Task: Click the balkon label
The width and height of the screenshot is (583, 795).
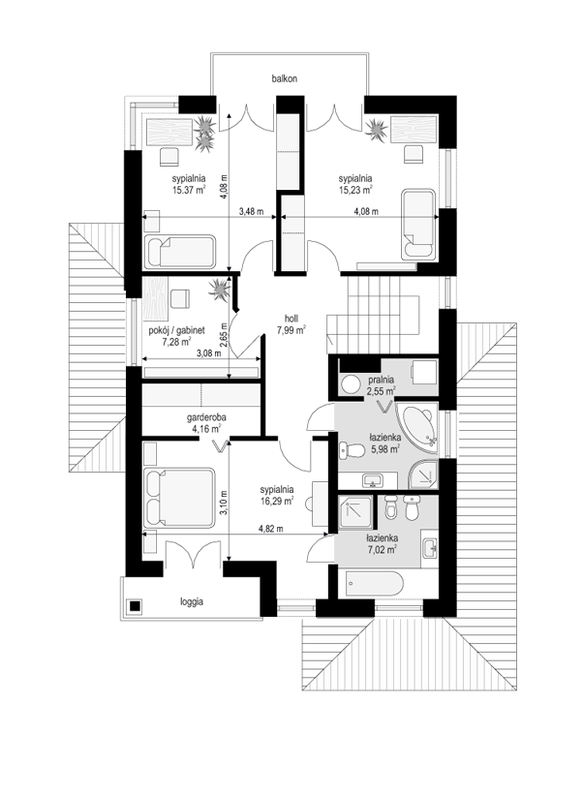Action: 284,78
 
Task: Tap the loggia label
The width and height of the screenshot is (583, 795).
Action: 192,602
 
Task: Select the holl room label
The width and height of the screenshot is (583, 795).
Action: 291,319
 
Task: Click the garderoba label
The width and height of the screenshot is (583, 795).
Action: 206,417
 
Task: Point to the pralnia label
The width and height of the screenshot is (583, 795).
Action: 382,380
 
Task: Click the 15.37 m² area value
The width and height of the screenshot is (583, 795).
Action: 189,190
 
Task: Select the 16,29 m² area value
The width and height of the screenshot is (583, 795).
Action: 277,502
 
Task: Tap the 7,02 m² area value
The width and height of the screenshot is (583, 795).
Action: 382,549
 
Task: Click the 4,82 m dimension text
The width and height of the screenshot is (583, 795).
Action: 271,529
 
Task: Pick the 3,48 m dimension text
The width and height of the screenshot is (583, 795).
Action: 251,212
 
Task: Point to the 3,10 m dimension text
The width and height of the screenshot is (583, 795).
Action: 224,503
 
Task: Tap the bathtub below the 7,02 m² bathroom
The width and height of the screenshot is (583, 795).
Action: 374,585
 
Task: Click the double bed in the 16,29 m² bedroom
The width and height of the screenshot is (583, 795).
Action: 179,499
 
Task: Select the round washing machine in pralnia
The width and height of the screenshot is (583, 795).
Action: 350,383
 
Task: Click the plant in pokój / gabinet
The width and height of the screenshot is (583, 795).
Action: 220,290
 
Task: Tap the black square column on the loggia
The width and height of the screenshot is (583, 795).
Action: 135,606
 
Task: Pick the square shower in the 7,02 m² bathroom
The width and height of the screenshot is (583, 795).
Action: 354,513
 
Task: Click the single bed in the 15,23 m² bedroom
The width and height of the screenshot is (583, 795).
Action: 418,225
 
